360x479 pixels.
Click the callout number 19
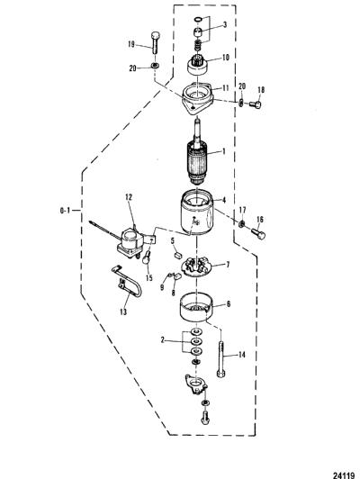[131, 44]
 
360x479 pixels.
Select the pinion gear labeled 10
[197, 65]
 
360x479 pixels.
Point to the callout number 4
[224, 200]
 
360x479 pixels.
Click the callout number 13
[123, 312]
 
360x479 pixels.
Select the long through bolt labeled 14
[221, 359]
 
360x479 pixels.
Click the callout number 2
[163, 339]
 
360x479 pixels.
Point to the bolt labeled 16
[258, 234]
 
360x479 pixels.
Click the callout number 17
[242, 210]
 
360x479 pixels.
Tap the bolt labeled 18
[256, 104]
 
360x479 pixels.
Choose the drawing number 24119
[344, 475]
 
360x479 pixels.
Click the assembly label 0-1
[65, 210]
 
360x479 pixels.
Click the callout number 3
[224, 24]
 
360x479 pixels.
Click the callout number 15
[149, 278]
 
